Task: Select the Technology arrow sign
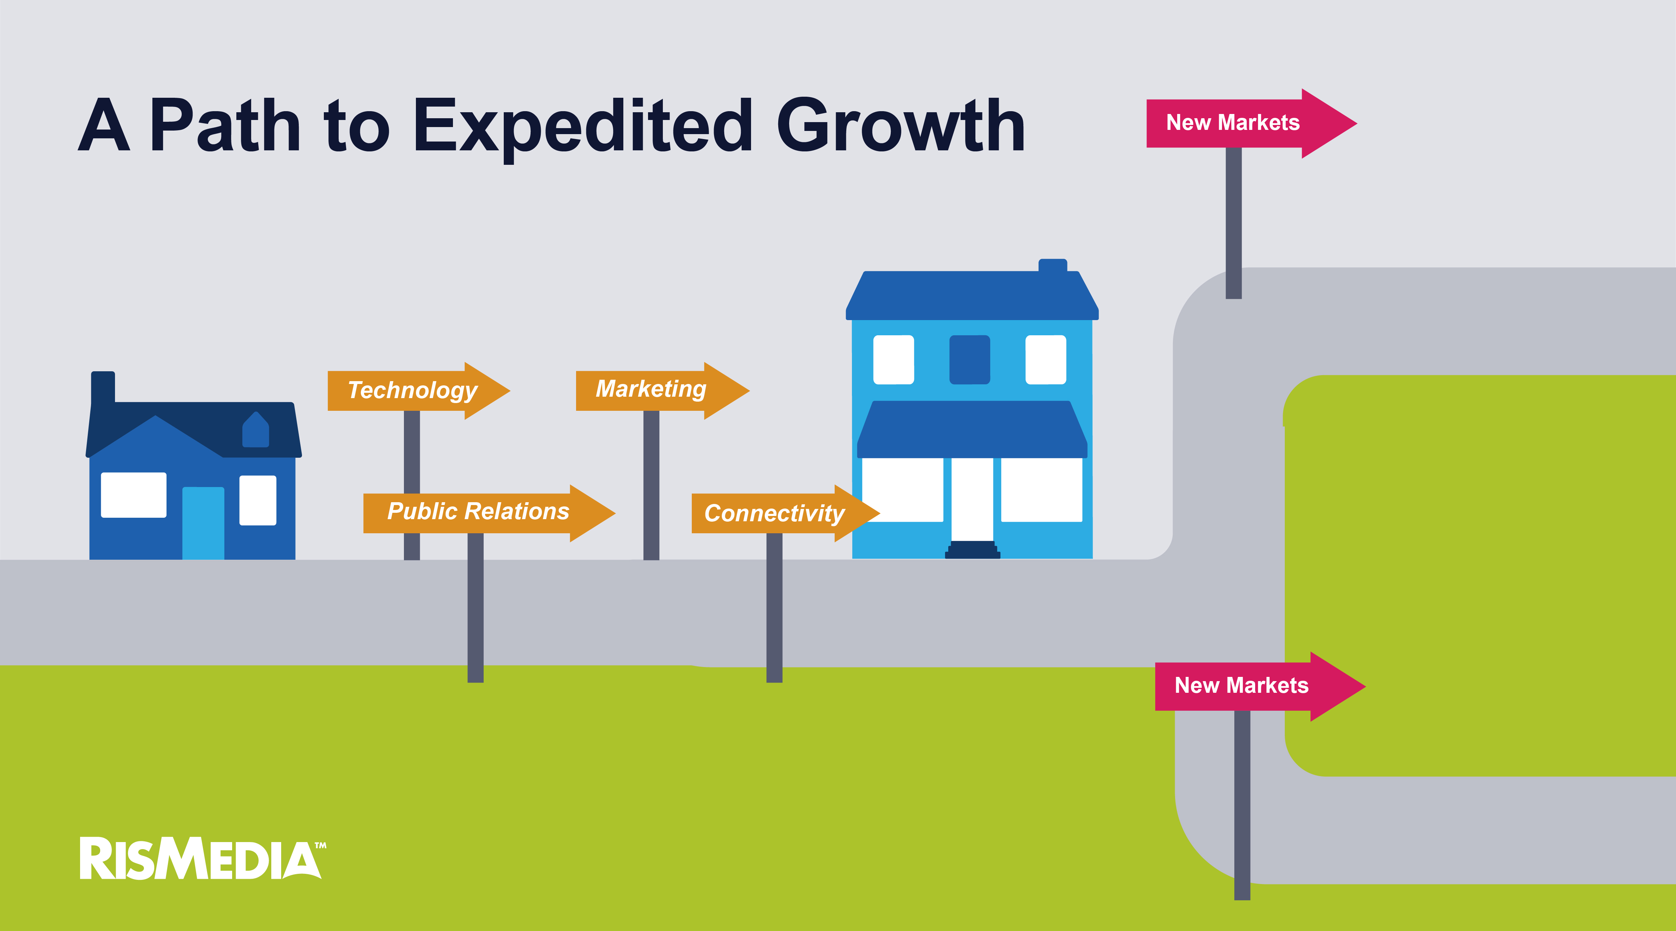[418, 391]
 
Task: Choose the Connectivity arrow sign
[785, 513]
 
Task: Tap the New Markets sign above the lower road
[1260, 686]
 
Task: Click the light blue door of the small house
[203, 523]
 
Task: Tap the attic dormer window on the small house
[256, 430]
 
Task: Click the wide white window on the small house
[133, 495]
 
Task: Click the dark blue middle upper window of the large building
[969, 359]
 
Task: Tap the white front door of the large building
[972, 499]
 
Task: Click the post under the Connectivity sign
[774, 608]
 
